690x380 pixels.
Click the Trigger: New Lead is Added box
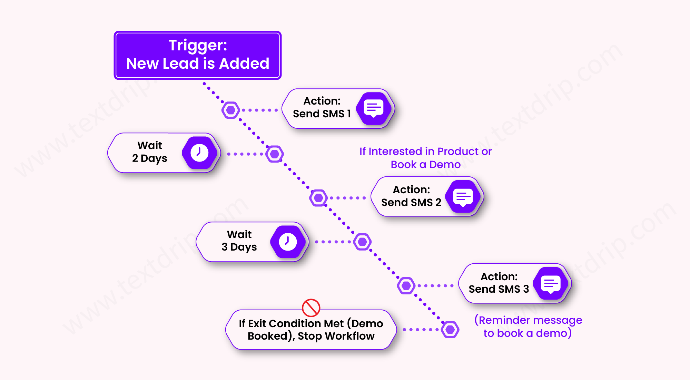tap(197, 55)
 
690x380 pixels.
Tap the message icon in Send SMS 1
tap(374, 108)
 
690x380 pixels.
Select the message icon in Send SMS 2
tap(463, 197)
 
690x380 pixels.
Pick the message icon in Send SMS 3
tap(551, 284)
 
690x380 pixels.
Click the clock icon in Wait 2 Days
tap(199, 153)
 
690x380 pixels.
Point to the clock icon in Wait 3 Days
tap(288, 242)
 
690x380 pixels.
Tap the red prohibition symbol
tap(311, 308)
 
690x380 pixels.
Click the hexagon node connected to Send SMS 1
tap(231, 110)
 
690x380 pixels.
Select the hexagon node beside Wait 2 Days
tap(275, 154)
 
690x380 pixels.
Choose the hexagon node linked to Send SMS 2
tap(318, 198)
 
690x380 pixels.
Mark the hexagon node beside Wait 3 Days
tap(362, 242)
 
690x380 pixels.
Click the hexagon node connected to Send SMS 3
tap(406, 285)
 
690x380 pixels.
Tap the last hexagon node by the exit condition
tap(450, 330)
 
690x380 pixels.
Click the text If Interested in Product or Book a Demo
tap(425, 158)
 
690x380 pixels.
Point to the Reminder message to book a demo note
tap(528, 327)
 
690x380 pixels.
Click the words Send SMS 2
tap(411, 203)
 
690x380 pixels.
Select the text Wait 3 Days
tap(239, 241)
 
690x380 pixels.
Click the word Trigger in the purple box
tap(197, 46)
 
